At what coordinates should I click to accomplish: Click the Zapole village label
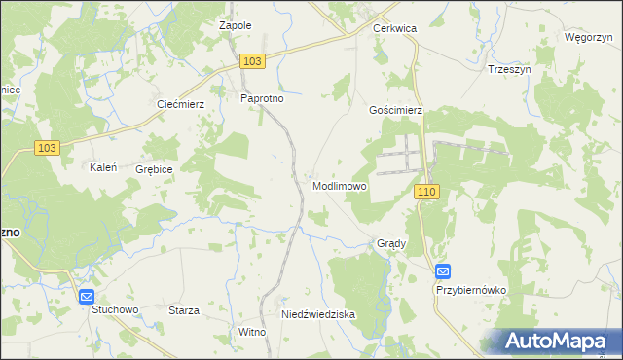236,25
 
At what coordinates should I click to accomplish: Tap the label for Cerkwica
394,29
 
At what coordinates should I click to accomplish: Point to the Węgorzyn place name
587,37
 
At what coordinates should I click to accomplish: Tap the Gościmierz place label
395,111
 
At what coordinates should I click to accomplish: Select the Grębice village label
155,168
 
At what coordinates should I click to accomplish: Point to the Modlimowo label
341,186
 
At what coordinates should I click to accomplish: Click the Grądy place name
390,243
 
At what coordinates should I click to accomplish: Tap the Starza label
183,310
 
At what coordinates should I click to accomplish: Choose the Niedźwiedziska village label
318,315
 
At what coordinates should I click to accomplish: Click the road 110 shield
426,193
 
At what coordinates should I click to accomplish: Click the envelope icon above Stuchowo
87,297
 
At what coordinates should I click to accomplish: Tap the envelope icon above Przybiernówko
443,272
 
